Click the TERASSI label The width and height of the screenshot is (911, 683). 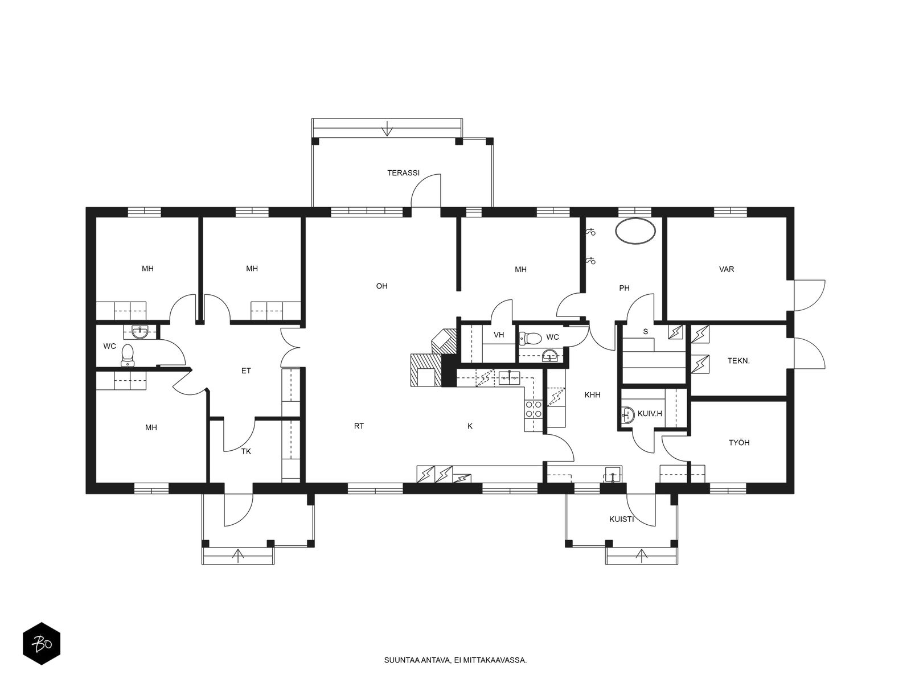coord(404,173)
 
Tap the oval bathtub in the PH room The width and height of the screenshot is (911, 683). coord(635,231)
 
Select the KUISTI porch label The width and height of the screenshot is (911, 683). coord(621,519)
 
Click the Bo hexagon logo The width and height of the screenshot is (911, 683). coord(42,644)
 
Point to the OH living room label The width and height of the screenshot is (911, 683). coord(381,286)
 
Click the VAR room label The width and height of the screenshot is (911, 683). coord(727,269)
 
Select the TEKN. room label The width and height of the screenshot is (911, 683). coord(738,361)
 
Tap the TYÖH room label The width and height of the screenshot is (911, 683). coord(738,442)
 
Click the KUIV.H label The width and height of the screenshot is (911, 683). coord(650,413)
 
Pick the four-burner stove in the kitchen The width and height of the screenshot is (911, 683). coord(534,409)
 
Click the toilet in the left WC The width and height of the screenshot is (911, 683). coord(128,355)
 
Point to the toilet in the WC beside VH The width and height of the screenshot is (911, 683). coord(531,339)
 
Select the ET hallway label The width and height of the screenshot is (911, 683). coord(246,371)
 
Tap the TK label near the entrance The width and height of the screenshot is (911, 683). coord(246,451)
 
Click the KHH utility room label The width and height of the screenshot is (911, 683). coord(592,395)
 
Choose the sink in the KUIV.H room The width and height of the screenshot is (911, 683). coord(628,414)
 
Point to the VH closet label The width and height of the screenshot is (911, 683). coord(498,335)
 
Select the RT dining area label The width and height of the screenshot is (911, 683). coord(359,426)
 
